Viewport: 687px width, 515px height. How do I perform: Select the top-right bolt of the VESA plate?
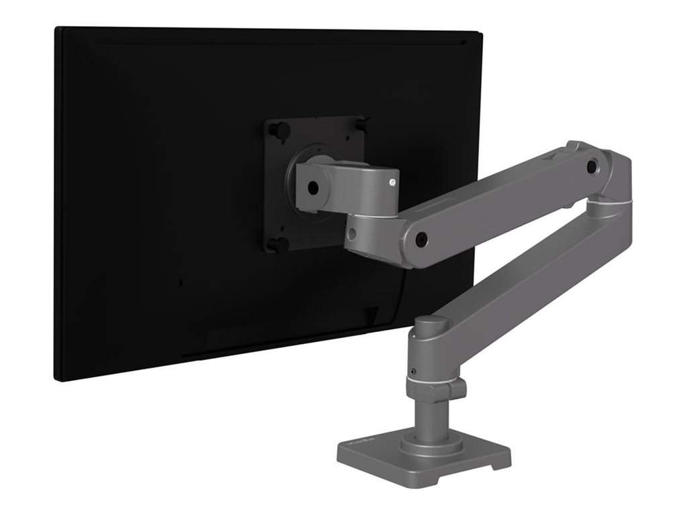(x=363, y=124)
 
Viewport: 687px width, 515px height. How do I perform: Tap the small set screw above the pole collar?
(x=414, y=371)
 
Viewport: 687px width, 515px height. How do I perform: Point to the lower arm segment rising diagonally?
(x=530, y=268)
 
